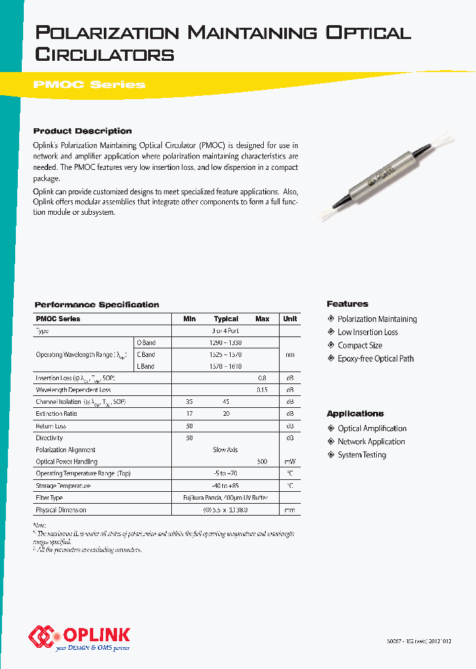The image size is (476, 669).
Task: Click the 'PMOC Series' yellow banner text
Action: pos(89,85)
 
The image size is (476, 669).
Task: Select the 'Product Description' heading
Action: pos(83,131)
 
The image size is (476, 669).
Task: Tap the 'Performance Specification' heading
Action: pos(97,305)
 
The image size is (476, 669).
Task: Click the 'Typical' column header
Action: pos(226,319)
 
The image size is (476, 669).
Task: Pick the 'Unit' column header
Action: pos(290,319)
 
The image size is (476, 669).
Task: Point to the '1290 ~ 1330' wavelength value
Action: pos(226,342)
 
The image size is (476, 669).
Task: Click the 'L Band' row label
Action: pos(145,366)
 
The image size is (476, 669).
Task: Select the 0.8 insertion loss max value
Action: pos(262,378)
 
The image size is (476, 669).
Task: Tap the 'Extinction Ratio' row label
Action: pos(56,414)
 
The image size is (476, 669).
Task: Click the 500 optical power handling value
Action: pos(262,461)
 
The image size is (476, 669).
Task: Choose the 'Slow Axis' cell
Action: pos(225,450)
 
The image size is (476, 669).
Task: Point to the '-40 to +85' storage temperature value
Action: pos(226,486)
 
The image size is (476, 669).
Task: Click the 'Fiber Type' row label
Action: pos(50,498)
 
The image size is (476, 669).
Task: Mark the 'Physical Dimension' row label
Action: pos(61,510)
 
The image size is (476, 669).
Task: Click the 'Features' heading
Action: pos(347,304)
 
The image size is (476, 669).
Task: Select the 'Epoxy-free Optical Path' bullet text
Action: pos(376,358)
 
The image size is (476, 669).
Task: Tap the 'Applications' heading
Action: pos(355,414)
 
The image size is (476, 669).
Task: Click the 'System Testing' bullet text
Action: pos(362,455)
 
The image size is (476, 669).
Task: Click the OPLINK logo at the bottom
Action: pos(79,636)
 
